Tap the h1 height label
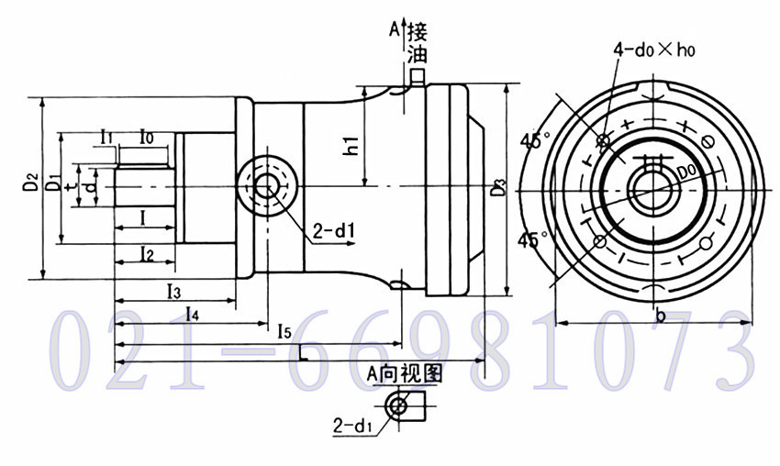click(x=351, y=144)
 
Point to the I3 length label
click(x=173, y=292)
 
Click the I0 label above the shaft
click(x=146, y=137)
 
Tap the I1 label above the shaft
click(x=106, y=137)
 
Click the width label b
click(x=660, y=315)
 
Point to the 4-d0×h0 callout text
click(x=653, y=51)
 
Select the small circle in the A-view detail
click(x=399, y=406)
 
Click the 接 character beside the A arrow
click(x=418, y=31)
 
